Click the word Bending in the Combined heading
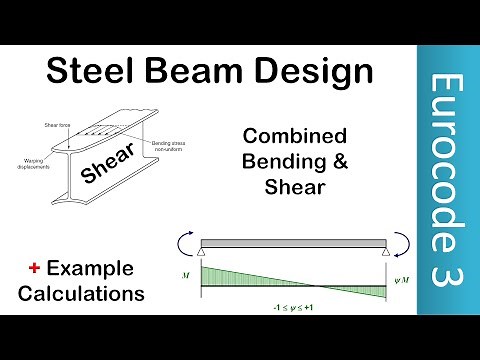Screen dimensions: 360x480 (x=287, y=164)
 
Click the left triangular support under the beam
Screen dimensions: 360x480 (x=201, y=256)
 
